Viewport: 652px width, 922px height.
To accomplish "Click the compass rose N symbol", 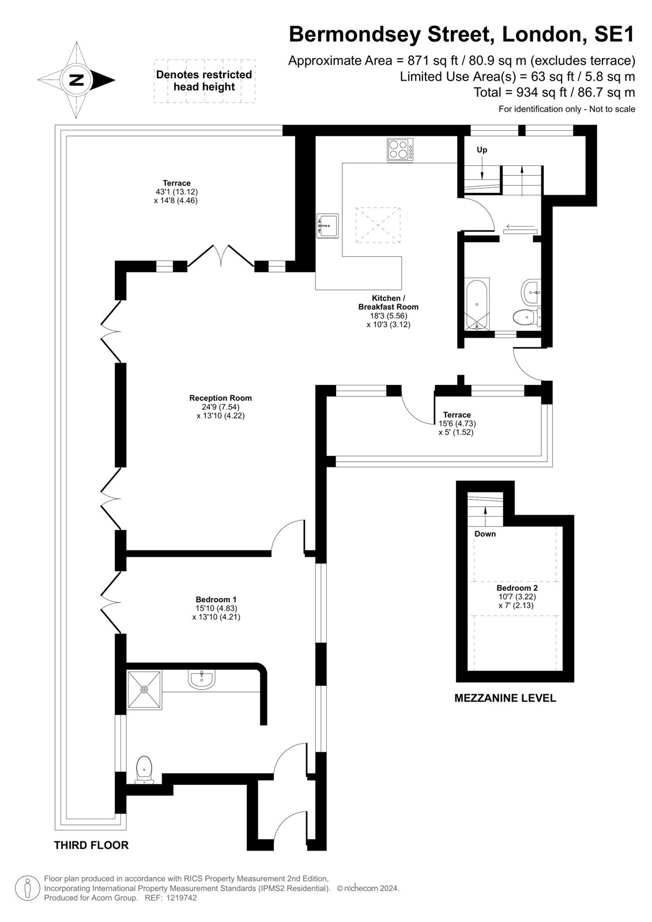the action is (76, 80).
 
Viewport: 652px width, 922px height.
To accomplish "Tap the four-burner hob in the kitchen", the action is (400, 149).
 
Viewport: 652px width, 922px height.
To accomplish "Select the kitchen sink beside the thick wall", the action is (327, 225).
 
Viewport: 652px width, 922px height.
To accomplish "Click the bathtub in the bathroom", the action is (477, 305).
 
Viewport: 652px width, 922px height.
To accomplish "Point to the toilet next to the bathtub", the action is (527, 316).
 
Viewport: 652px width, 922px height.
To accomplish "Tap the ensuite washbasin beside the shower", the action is (201, 679).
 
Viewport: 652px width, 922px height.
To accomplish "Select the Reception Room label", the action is (220, 407).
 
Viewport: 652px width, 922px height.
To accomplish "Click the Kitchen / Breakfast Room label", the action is (389, 311).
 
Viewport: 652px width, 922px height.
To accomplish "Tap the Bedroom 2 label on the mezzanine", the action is (517, 597).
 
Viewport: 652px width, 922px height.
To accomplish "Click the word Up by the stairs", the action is (481, 150).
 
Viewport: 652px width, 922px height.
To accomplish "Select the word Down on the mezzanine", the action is (485, 534).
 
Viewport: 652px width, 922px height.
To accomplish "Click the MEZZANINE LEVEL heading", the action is (505, 698).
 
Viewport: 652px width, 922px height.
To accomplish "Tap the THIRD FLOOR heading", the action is (92, 845).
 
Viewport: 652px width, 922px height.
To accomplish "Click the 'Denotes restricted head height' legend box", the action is (204, 81).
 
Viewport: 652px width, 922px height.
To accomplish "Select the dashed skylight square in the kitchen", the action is (378, 225).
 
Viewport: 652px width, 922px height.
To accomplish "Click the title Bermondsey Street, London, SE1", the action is (462, 35).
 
